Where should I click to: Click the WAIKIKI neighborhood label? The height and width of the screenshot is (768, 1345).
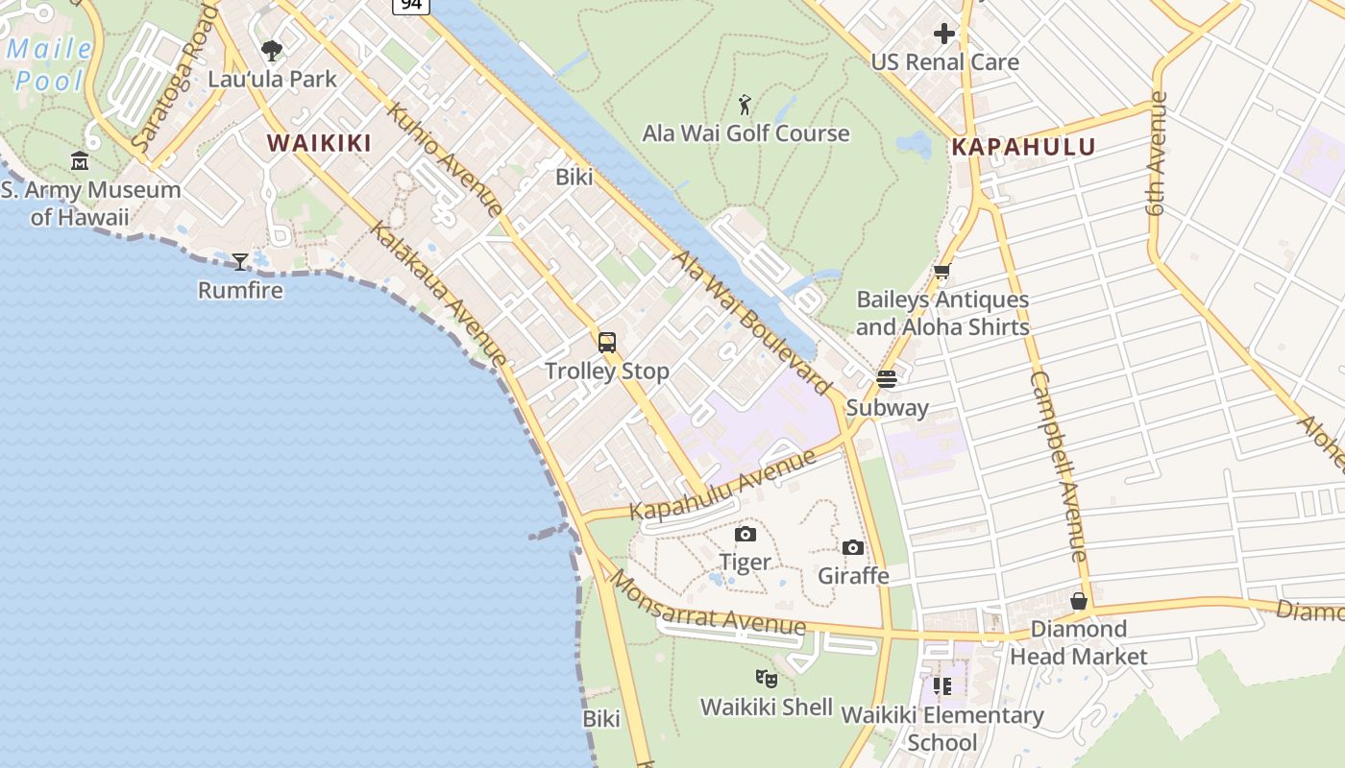319,143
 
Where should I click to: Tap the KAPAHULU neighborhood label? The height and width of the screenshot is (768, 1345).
1023,147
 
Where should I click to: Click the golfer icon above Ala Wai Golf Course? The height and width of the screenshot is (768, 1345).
746,104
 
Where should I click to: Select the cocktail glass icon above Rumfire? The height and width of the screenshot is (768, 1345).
240,260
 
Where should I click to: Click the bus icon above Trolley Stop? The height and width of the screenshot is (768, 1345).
607,342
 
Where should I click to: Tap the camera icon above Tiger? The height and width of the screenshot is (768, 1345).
746,534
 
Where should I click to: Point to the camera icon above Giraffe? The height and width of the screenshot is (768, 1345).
853,547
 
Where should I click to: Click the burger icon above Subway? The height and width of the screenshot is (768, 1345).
887,378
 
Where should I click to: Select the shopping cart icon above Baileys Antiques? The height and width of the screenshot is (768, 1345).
942,272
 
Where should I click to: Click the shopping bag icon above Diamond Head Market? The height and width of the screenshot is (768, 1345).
1079,601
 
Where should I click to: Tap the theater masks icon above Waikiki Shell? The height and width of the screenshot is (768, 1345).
766,679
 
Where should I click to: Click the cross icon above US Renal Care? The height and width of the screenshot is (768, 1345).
944,34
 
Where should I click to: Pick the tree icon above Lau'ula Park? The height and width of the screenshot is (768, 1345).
272,50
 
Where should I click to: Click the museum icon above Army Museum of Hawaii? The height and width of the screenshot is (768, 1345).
80,160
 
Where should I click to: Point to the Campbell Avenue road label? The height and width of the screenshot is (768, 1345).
1058,467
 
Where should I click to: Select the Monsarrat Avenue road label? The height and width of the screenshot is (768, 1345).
708,606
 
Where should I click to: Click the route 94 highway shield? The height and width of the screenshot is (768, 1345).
410,5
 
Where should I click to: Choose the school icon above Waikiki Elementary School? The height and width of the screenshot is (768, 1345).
942,686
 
